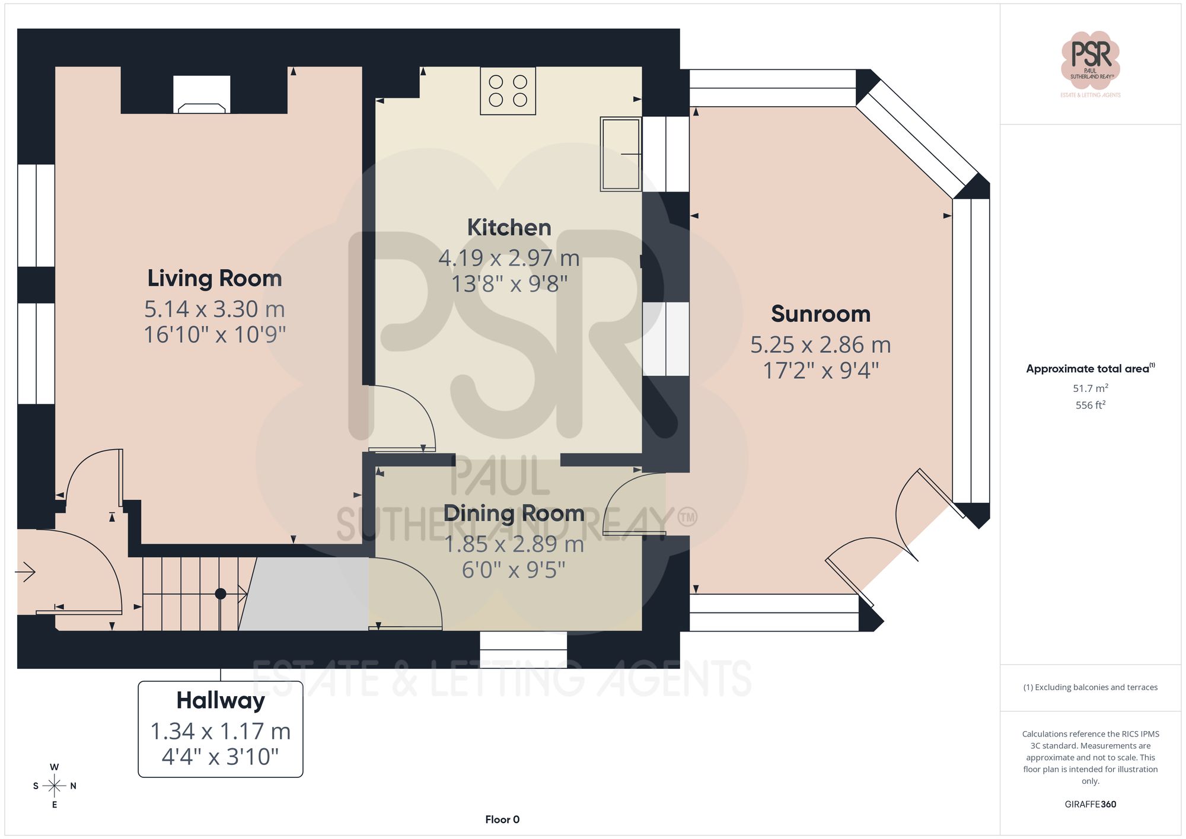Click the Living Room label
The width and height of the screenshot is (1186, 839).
click(x=214, y=278)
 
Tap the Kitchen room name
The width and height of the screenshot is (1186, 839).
click(x=509, y=227)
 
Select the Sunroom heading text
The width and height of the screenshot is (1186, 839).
click(x=820, y=314)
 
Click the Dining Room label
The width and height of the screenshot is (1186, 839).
click(x=514, y=513)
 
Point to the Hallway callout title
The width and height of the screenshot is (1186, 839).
click(x=220, y=700)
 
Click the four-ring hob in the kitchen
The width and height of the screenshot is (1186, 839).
click(x=508, y=91)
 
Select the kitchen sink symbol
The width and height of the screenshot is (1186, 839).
click(x=620, y=154)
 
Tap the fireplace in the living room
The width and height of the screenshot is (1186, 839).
click(x=202, y=95)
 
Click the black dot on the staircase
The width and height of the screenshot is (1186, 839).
click(x=221, y=594)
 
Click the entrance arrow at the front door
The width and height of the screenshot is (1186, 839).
click(x=25, y=572)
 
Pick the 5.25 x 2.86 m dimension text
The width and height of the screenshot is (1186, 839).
click(x=820, y=344)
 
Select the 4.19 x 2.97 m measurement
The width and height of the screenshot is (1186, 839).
click(x=509, y=258)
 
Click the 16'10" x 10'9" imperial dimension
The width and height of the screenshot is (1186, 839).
click(x=215, y=335)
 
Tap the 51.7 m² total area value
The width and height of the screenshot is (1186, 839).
click(x=1090, y=388)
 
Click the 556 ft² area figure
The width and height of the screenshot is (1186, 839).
click(x=1090, y=405)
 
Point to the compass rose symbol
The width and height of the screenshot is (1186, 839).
click(x=54, y=786)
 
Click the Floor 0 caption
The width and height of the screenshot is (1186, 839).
click(x=502, y=819)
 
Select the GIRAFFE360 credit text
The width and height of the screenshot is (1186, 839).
click(x=1090, y=804)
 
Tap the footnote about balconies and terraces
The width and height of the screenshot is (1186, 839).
click(x=1090, y=687)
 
